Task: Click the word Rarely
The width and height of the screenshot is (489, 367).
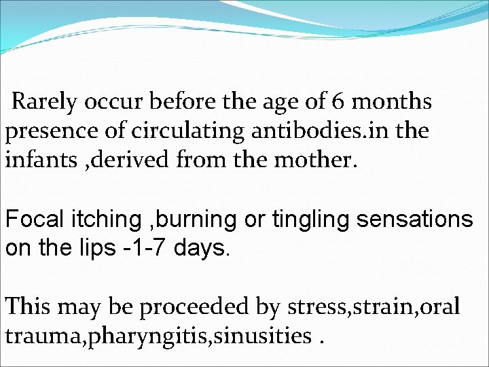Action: tap(45, 102)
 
